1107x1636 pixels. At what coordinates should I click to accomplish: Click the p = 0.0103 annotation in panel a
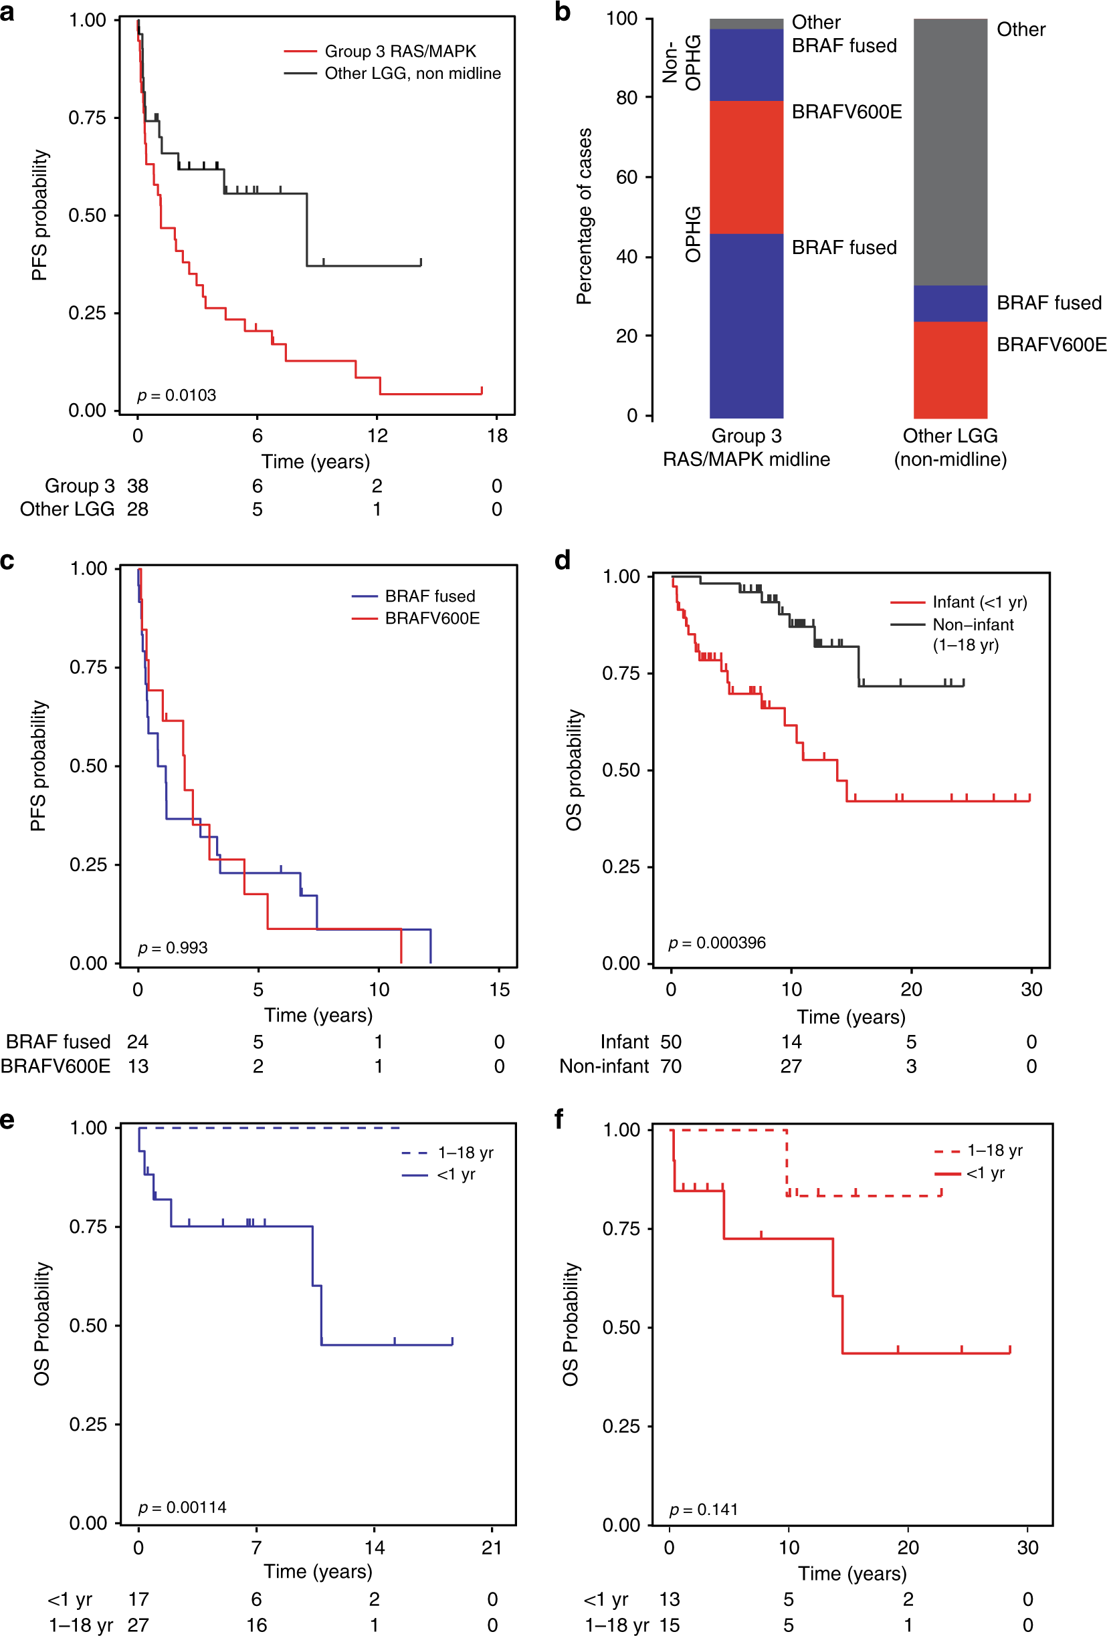tap(177, 396)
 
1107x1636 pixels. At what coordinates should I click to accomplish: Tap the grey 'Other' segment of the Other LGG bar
tap(950, 151)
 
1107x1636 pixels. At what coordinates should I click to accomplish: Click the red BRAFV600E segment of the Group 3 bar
tap(746, 167)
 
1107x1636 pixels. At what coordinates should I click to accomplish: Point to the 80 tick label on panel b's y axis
tap(626, 98)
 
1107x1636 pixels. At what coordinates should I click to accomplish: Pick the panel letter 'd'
tap(562, 560)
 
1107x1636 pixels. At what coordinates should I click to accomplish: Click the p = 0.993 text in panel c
tap(173, 948)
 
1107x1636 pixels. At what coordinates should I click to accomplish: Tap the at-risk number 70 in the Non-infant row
tap(670, 1066)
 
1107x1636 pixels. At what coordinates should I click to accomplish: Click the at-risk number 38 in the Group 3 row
tap(137, 487)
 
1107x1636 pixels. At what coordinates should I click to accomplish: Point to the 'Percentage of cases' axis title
tap(585, 216)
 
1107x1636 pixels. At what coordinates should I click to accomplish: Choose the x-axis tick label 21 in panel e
tap(492, 1548)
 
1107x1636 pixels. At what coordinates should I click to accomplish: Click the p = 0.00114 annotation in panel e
tap(183, 1508)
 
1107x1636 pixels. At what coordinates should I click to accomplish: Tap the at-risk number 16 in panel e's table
tap(256, 1625)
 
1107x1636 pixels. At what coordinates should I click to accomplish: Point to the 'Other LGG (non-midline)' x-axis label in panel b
tap(950, 448)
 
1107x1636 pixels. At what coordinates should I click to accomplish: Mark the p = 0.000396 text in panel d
tap(717, 943)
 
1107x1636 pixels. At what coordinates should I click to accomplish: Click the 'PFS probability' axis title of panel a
tap(40, 215)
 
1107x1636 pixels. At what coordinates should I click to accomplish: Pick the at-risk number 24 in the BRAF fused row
tap(138, 1042)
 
